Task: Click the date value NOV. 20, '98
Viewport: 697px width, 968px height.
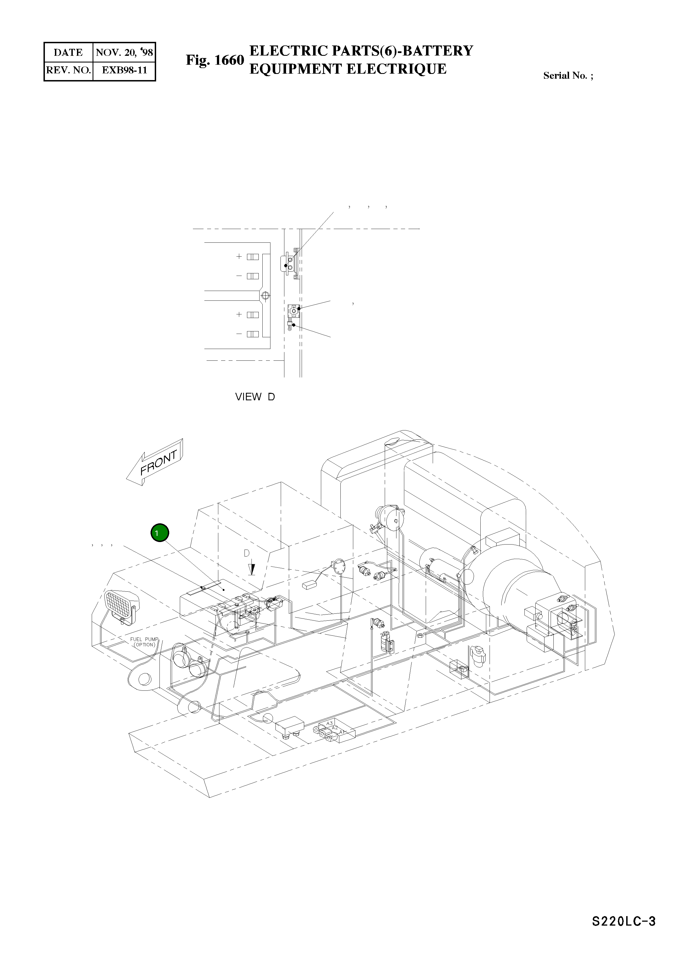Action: tap(124, 52)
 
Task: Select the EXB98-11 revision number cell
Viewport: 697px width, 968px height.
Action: tap(124, 70)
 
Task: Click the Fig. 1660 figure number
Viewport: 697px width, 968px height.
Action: tap(215, 60)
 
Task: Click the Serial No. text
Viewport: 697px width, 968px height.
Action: tap(568, 76)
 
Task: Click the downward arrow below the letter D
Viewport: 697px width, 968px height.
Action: tap(252, 569)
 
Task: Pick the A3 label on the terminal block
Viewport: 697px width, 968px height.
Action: tap(329, 723)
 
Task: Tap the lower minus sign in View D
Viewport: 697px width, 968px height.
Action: tap(239, 334)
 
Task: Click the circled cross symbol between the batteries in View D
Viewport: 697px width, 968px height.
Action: tap(265, 295)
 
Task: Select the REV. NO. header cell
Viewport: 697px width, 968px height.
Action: tap(68, 70)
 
